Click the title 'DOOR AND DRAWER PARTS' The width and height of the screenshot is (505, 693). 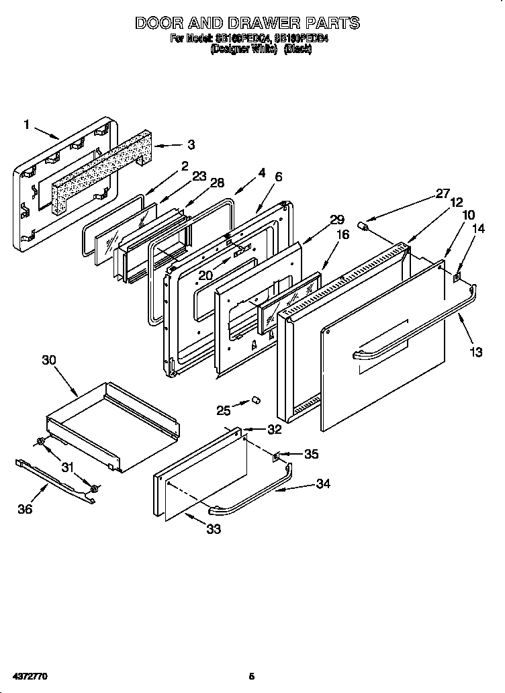[247, 23]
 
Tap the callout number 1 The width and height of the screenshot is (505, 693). [27, 124]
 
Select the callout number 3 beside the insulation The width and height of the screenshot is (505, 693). [191, 144]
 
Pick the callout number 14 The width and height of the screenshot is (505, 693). [477, 228]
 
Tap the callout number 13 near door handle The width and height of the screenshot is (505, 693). [476, 351]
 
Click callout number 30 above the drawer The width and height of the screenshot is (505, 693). [48, 360]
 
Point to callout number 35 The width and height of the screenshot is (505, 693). [311, 454]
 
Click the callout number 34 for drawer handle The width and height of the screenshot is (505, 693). [323, 483]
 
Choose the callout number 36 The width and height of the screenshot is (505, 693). [25, 509]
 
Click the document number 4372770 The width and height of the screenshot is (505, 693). [29, 674]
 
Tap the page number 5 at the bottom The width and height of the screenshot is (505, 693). [251, 675]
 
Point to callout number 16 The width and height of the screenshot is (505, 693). [342, 235]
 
